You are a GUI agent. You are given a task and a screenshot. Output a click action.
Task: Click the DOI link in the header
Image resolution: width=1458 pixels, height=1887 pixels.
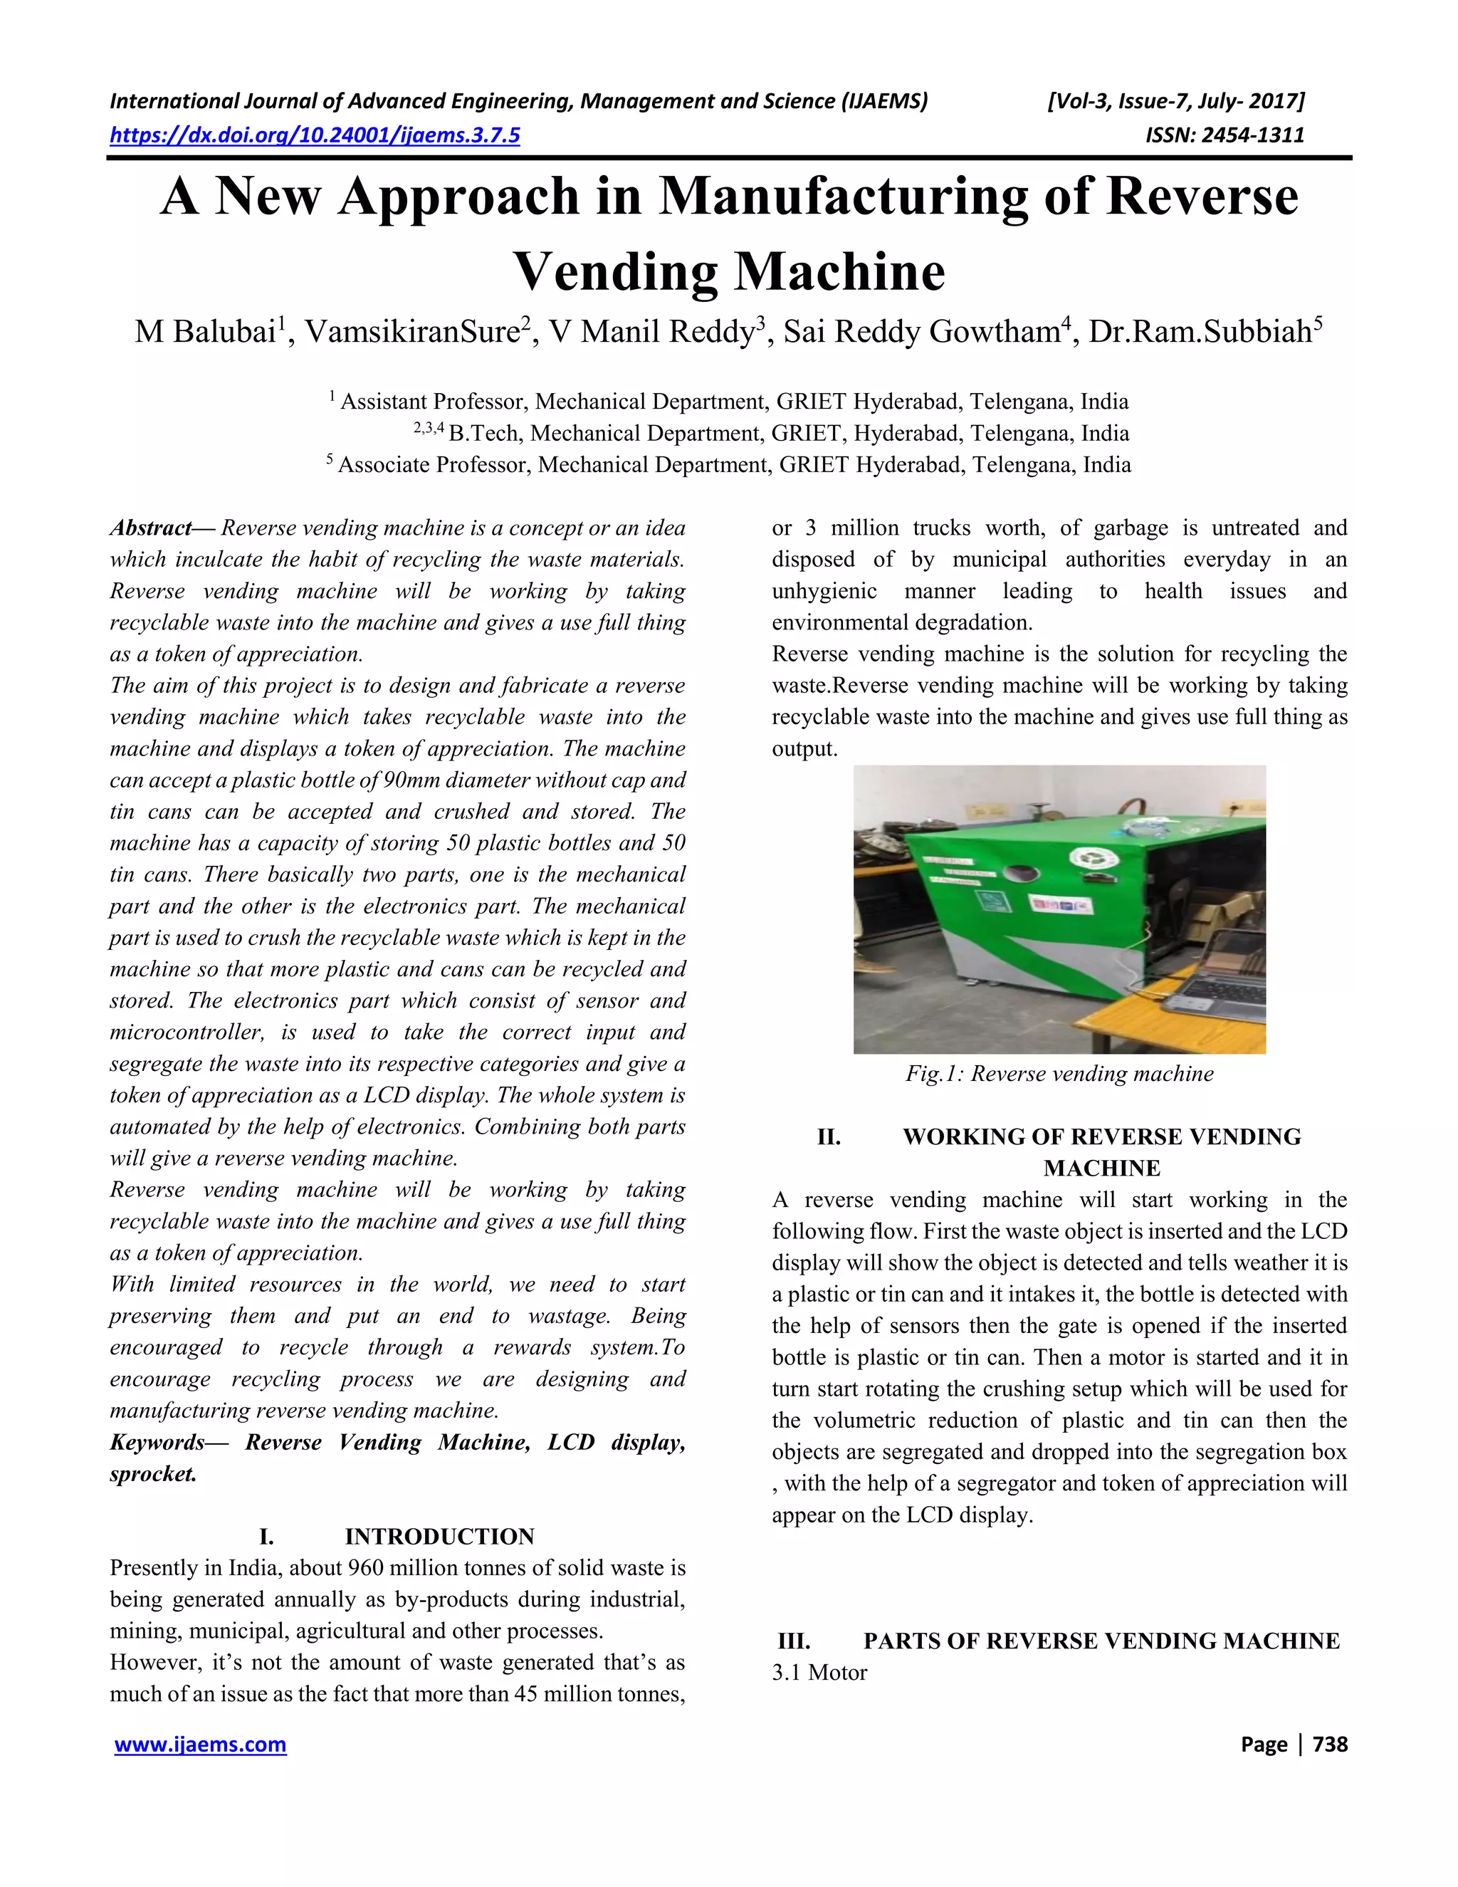tap(315, 135)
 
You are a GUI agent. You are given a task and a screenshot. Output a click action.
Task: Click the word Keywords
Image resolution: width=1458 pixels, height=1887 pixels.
tap(157, 1442)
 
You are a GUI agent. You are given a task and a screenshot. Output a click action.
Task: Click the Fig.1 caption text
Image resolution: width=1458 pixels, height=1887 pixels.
tap(1059, 1074)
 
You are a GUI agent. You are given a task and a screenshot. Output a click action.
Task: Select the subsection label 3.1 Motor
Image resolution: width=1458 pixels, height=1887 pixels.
tap(819, 1672)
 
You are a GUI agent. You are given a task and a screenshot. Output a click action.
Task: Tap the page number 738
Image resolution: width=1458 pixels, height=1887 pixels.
tap(1329, 1745)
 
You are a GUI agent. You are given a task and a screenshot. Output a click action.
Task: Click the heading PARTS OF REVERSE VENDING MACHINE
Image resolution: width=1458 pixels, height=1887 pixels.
tap(1101, 1641)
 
